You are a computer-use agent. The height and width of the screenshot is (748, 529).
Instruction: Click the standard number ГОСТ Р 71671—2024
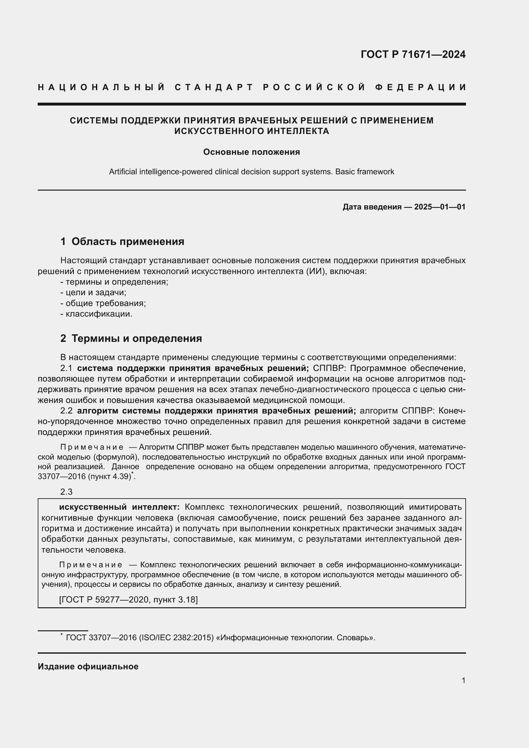coord(413,54)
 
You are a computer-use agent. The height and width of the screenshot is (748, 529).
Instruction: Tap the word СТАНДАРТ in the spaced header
coord(214,87)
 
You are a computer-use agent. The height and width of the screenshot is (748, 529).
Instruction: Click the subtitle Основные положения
coord(251,152)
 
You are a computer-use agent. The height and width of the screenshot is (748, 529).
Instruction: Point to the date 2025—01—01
coord(439,207)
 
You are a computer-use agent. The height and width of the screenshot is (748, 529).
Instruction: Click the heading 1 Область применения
coord(122,241)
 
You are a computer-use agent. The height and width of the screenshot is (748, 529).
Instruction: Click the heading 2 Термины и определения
coord(131,338)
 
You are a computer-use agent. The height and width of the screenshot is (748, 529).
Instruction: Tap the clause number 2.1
coord(66,368)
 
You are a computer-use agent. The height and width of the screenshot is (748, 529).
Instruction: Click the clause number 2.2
coord(66,411)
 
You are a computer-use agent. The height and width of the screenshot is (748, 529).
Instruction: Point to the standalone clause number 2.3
coord(66,492)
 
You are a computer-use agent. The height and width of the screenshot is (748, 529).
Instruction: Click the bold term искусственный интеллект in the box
coord(119,507)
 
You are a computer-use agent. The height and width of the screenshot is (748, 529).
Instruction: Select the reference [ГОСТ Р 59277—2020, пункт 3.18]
coord(128,599)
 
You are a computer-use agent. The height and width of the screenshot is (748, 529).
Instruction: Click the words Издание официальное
coord(88,666)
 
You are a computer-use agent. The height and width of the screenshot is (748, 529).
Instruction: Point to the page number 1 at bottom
coord(463,680)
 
